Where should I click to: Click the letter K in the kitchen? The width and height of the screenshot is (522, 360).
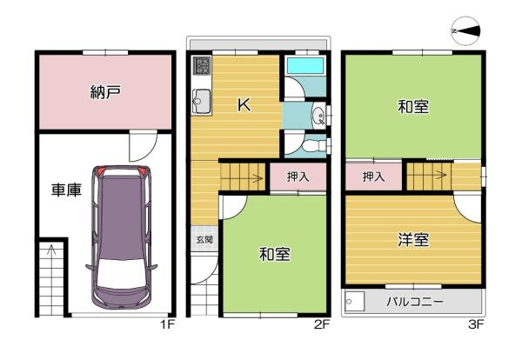coord(244,105)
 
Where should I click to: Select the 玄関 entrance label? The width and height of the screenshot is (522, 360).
coord(203,238)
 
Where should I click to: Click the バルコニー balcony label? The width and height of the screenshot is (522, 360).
coord(415,303)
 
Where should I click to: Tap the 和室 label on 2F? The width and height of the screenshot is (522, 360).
coord(274,254)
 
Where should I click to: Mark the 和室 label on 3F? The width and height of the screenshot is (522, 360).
coord(412,107)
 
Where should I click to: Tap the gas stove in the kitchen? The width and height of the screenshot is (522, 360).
coord(202,66)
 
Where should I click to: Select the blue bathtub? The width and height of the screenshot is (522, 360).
coord(304,66)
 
